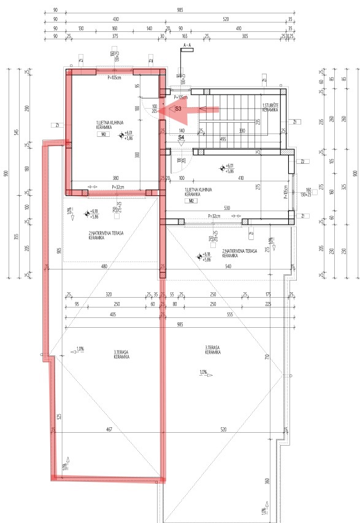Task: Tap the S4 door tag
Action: click(x=181, y=138)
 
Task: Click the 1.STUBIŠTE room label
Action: click(x=270, y=107)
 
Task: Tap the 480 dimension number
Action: click(x=104, y=266)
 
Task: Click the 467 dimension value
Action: click(x=109, y=429)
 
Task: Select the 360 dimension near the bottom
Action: click(x=267, y=481)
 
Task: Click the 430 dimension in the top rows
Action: click(x=116, y=20)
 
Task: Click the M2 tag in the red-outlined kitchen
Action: click(x=104, y=133)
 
